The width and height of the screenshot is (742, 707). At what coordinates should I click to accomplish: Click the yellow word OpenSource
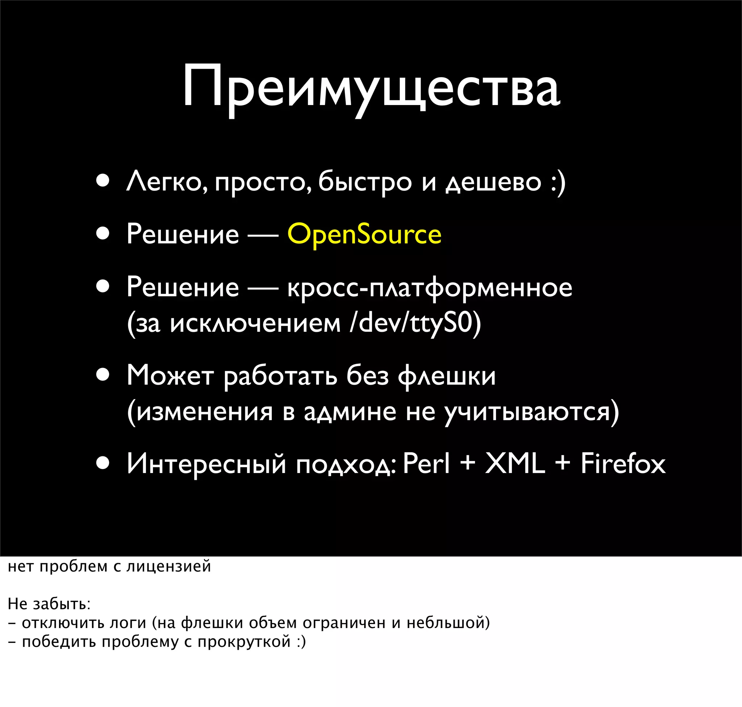tap(364, 234)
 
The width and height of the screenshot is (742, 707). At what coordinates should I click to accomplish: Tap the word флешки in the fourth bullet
tap(447, 376)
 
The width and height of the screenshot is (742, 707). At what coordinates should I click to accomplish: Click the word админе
tap(350, 412)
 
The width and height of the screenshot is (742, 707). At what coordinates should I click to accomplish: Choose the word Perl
tap(426, 464)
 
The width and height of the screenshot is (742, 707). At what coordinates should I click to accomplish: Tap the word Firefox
tap(623, 464)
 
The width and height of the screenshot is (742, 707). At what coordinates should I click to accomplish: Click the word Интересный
tap(206, 464)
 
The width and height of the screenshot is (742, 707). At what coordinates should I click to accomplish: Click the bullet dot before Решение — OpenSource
tap(103, 234)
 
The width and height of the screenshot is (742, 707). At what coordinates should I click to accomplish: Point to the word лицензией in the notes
tap(168, 566)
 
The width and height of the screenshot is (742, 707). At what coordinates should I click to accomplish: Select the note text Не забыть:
tap(49, 604)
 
